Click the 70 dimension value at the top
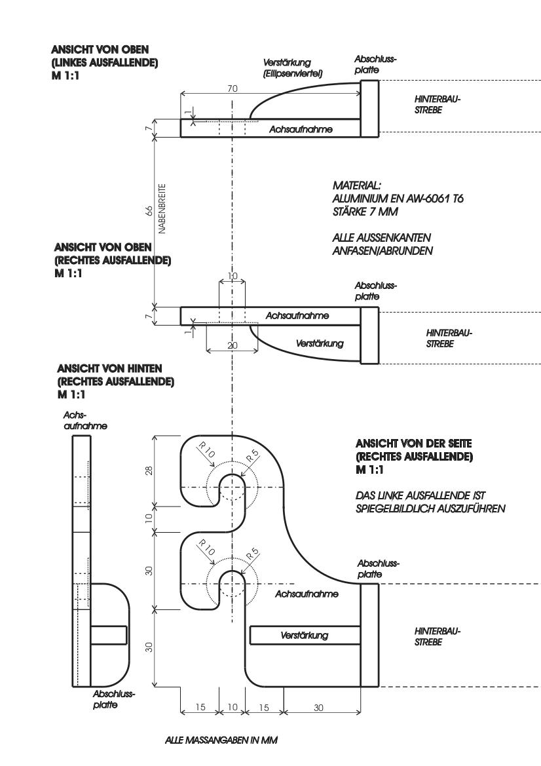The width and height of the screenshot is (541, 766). [x=233, y=88]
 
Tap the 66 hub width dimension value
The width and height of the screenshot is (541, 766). [x=149, y=210]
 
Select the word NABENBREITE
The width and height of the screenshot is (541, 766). [x=162, y=208]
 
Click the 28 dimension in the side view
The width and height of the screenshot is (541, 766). [x=149, y=470]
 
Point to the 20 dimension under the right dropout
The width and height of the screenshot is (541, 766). [x=233, y=345]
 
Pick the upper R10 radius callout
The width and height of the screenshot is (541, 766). [x=206, y=450]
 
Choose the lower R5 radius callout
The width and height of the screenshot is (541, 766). [x=252, y=554]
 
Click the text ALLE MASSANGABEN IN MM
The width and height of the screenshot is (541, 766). [x=221, y=740]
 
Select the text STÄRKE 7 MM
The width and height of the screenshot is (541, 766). [x=365, y=212]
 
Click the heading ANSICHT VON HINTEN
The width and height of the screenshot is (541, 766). [x=109, y=368]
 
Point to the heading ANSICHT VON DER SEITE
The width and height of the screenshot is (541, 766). [x=413, y=444]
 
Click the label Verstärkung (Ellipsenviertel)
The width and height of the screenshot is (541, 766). [x=293, y=68]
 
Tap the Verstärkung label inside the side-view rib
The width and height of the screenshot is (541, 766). [x=304, y=636]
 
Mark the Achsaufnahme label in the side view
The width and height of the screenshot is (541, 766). [x=307, y=594]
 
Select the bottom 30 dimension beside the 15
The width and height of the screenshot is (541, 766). [x=318, y=708]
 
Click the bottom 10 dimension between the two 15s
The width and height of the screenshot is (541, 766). [x=233, y=707]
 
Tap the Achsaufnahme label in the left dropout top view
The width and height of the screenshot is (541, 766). [x=301, y=130]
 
